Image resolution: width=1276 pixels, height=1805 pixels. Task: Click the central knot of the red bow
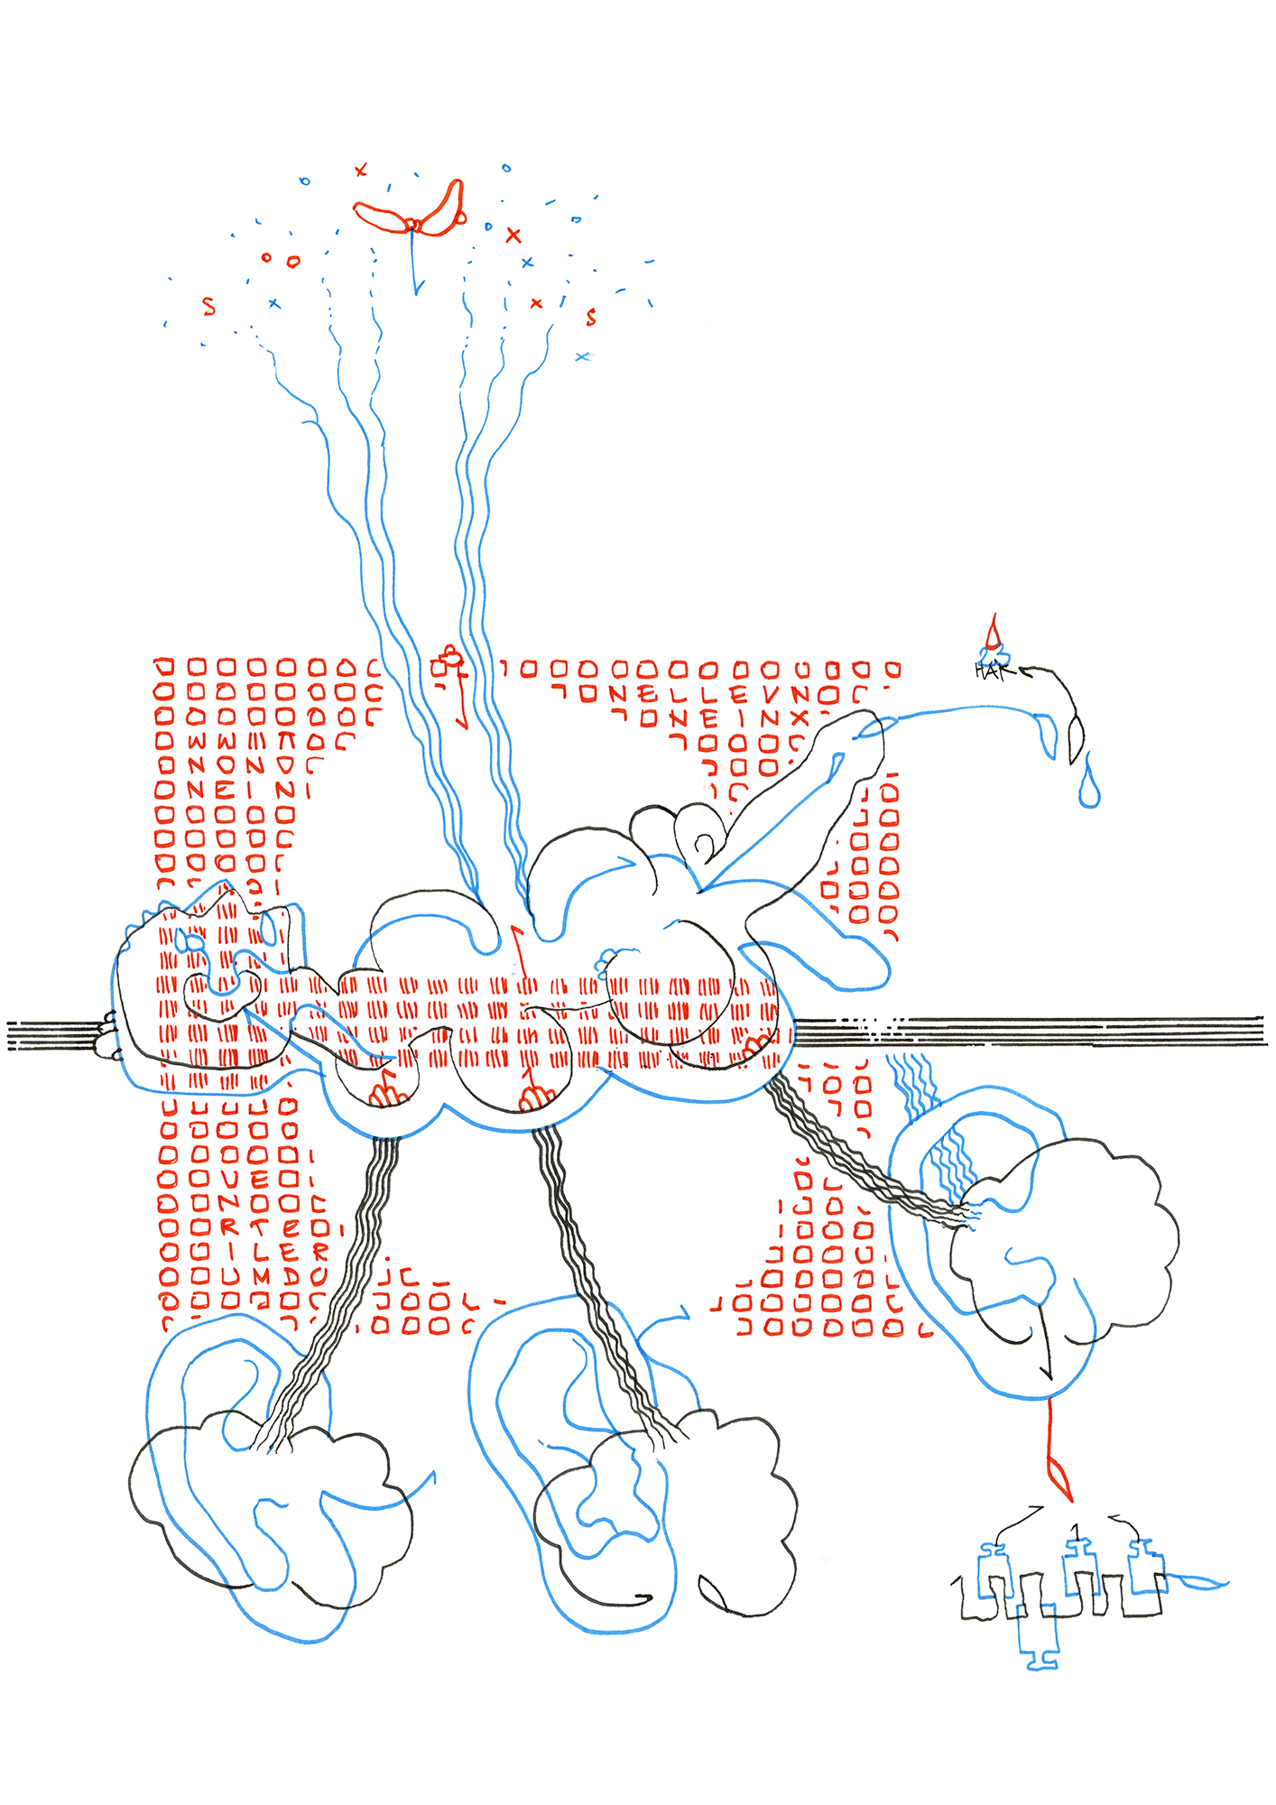413,223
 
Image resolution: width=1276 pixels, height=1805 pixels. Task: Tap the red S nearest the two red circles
209,306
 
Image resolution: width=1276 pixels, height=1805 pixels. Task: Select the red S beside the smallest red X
591,317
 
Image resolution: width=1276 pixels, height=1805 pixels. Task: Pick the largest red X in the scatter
513,236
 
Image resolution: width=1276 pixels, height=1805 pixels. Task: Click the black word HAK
989,671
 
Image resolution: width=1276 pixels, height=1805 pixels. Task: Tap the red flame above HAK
994,633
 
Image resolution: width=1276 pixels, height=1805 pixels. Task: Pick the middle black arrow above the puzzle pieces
1073,1527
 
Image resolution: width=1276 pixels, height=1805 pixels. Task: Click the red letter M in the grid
261,1276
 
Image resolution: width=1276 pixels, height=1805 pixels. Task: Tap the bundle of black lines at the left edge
50,1035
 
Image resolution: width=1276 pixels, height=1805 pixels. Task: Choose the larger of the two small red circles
293,262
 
